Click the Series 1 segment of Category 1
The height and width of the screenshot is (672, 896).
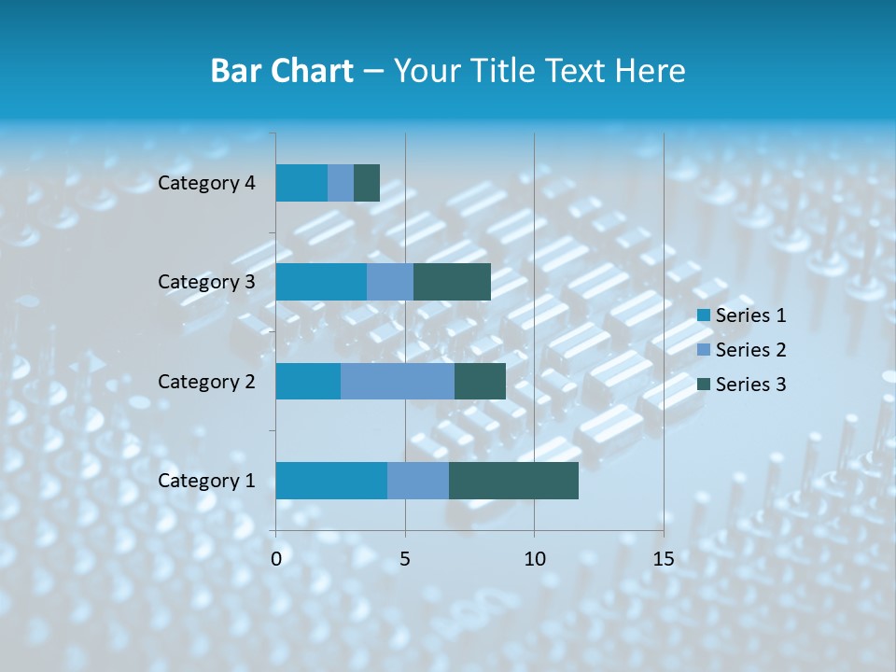pyautogui.click(x=331, y=481)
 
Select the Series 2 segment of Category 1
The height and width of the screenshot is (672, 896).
pyautogui.click(x=418, y=481)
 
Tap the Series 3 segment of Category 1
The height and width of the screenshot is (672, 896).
pyautogui.click(x=513, y=481)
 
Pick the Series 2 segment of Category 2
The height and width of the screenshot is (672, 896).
pyautogui.click(x=398, y=381)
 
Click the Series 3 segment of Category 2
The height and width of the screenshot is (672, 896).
pyautogui.click(x=480, y=381)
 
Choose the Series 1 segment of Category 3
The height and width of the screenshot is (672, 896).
pyautogui.click(x=321, y=282)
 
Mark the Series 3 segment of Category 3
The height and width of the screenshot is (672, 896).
pyautogui.click(x=452, y=282)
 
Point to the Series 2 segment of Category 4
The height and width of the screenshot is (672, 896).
pyautogui.click(x=341, y=183)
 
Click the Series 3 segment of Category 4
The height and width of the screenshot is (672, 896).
pyautogui.click(x=367, y=183)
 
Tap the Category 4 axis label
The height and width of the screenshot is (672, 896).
pyautogui.click(x=206, y=183)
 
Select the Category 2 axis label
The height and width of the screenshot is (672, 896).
pyautogui.click(x=206, y=381)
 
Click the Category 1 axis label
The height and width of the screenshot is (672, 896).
pyautogui.click(x=206, y=481)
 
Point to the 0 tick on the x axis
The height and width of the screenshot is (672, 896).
pyautogui.click(x=276, y=559)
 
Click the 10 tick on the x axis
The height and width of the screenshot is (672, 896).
pyautogui.click(x=534, y=559)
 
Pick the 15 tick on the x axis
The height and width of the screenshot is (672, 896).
pyautogui.click(x=663, y=559)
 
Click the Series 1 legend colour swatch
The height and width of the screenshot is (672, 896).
pyautogui.click(x=704, y=315)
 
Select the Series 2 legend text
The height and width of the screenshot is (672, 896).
pyautogui.click(x=750, y=350)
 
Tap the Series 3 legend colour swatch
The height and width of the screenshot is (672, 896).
pyautogui.click(x=704, y=385)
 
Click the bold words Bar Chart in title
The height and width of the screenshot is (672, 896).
pyautogui.click(x=282, y=71)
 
